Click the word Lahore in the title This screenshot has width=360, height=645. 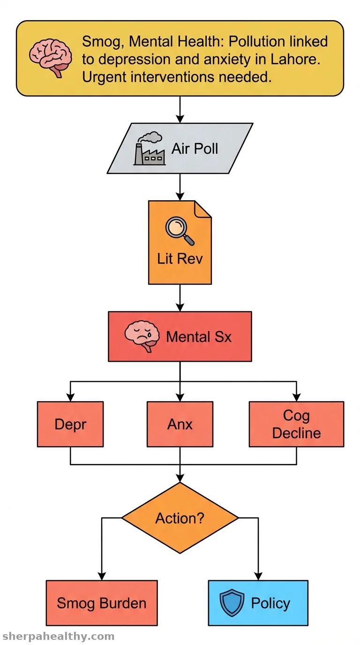295,60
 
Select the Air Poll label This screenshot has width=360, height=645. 195,149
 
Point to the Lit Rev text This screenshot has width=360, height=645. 180,258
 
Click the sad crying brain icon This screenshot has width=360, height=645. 142,336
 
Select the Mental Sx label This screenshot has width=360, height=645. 199,337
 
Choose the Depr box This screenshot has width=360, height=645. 70,424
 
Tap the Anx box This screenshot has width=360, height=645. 180,424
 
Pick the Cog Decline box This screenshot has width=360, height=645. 296,424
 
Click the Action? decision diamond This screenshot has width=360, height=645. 180,517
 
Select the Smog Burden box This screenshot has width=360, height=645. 102,603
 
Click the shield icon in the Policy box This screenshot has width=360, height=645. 232,603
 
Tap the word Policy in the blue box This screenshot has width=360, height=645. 270,603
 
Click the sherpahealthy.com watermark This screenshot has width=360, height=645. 59,636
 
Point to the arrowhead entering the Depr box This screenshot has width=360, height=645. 70,397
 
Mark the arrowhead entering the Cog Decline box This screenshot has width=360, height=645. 296,397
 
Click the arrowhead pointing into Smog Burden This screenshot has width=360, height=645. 102,576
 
